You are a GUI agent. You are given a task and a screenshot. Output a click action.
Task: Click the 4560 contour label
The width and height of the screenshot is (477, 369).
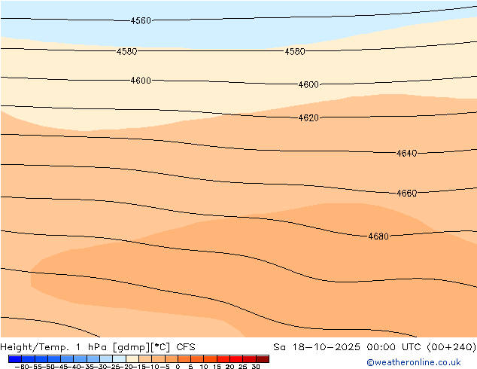pyautogui.click(x=141, y=21)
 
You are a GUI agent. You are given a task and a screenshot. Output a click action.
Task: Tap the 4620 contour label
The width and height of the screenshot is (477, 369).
pyautogui.click(x=308, y=118)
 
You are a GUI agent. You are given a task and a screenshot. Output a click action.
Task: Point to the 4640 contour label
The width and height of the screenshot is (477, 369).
pyautogui.click(x=406, y=154)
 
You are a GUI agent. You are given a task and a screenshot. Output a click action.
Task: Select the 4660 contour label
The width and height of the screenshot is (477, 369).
pyautogui.click(x=406, y=194)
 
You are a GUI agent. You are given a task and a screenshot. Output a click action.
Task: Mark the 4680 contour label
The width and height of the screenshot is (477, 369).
pyautogui.click(x=378, y=236)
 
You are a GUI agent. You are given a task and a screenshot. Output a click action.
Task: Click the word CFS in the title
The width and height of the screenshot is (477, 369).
pyautogui.click(x=186, y=347)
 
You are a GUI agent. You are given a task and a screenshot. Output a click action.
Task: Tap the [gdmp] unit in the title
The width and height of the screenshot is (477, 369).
pyautogui.click(x=129, y=347)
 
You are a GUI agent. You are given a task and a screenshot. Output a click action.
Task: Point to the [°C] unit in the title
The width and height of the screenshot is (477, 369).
pyautogui.click(x=160, y=347)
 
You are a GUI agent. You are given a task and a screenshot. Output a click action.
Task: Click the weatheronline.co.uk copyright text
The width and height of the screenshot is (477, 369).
pyautogui.click(x=413, y=362)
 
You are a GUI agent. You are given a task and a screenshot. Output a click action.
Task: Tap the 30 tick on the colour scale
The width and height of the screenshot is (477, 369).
pyautogui.click(x=256, y=367)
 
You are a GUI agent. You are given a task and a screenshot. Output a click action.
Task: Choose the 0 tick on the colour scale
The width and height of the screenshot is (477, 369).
pyautogui.click(x=178, y=367)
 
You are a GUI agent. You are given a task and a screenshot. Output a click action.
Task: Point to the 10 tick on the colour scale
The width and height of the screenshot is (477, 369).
pyautogui.click(x=204, y=367)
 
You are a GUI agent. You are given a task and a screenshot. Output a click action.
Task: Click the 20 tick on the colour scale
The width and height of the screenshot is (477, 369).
pyautogui.click(x=229, y=367)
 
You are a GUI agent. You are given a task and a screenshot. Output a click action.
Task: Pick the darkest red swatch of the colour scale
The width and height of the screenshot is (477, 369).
pyautogui.click(x=262, y=358)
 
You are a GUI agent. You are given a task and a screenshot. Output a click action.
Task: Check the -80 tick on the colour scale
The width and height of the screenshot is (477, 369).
pyautogui.click(x=20, y=367)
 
